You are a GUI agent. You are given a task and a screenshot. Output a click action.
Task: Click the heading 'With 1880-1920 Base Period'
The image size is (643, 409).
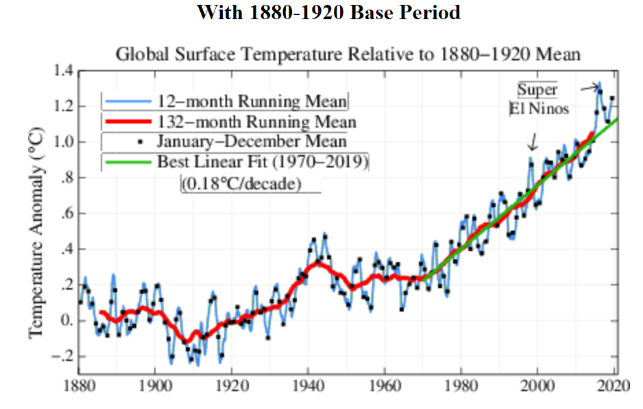328,12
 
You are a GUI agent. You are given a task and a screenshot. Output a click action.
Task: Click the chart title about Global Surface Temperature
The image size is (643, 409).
348,54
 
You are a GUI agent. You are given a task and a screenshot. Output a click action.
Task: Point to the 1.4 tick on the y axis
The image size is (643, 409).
64,71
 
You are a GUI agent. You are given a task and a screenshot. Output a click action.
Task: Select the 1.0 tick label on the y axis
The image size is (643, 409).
64,143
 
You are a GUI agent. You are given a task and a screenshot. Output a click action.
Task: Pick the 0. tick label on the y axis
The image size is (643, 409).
66,321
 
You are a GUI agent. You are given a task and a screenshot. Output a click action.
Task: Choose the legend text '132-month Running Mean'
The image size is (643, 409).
257,122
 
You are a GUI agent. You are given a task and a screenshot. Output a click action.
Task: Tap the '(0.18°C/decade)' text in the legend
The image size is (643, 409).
241,184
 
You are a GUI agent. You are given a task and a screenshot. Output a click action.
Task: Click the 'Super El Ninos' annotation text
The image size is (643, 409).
539,99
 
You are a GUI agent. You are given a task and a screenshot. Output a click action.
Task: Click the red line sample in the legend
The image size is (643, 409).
127,123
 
